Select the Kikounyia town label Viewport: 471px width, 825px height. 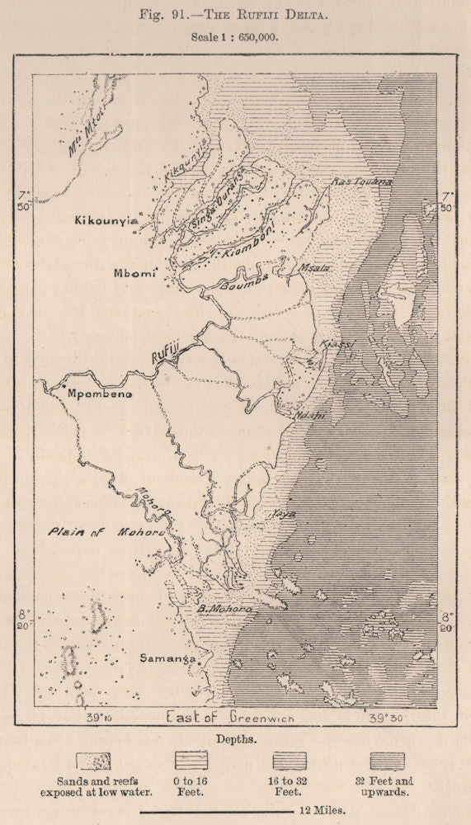click(106, 221)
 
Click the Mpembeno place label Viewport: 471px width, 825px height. click(98, 394)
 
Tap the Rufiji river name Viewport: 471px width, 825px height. click(165, 352)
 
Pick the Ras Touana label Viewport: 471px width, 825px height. click(361, 181)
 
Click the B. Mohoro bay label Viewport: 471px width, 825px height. click(224, 610)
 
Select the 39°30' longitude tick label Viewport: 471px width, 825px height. click(386, 718)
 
